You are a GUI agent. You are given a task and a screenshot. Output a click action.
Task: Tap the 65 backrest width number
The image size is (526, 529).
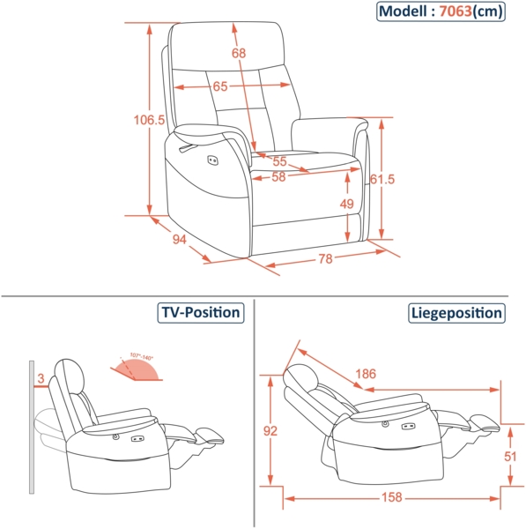click(219, 86)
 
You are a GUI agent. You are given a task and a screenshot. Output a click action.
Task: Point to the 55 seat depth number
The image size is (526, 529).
click(279, 161)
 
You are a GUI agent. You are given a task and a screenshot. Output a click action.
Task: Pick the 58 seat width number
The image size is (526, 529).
click(279, 177)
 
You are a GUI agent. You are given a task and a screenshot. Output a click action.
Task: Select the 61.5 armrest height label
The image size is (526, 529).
click(382, 179)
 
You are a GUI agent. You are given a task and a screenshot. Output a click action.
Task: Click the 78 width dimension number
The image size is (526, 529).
click(325, 258)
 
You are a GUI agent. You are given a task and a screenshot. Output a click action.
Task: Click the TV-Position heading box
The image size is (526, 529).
click(200, 313)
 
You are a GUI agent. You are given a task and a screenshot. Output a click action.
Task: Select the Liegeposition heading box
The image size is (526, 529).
click(456, 313)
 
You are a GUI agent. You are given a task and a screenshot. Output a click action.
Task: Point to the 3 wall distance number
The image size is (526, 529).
click(41, 379)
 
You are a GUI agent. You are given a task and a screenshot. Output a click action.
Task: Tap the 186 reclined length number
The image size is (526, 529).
click(367, 374)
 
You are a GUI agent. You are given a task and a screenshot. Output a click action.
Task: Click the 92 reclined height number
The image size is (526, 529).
click(270, 431)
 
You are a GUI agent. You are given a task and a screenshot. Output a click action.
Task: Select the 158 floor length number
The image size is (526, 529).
click(388, 498)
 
